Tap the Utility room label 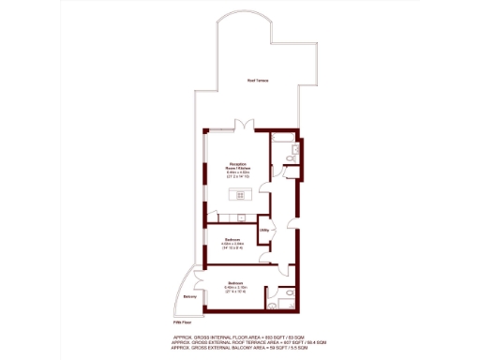point(265,229)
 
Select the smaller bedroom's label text point(231,242)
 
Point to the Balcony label point(190,297)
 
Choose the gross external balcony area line point(249,348)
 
